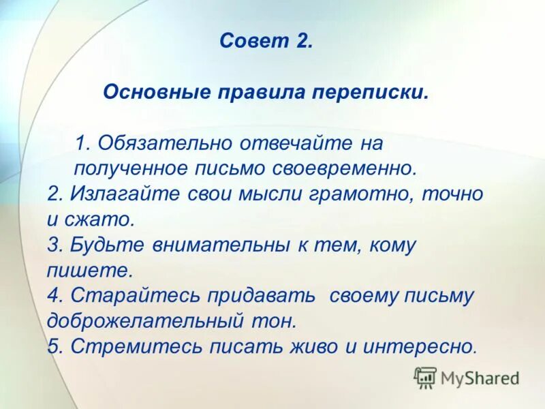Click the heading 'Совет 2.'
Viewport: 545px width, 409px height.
[266, 41]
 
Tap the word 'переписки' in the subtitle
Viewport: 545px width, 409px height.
[369, 92]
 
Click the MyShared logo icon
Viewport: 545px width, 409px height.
[425, 377]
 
